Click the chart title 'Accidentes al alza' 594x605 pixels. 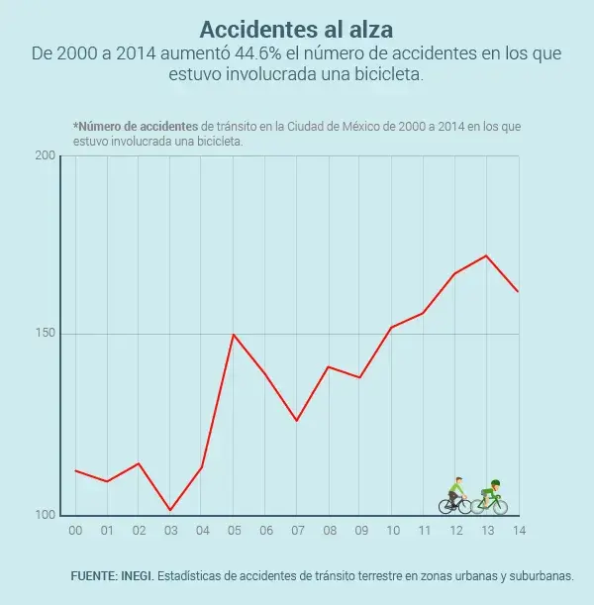pyautogui.click(x=296, y=28)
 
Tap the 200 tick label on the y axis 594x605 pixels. pyautogui.click(x=45, y=156)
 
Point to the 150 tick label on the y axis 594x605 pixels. pyautogui.click(x=45, y=334)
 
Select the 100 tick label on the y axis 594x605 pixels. pyautogui.click(x=45, y=514)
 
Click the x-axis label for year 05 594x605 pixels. pyautogui.click(x=234, y=531)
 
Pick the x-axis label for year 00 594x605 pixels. pyautogui.click(x=75, y=531)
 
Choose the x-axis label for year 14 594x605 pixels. pyautogui.click(x=518, y=531)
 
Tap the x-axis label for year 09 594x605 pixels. pyautogui.click(x=360, y=531)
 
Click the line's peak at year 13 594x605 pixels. pyautogui.click(x=486, y=255)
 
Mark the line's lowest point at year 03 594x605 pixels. pyautogui.click(x=170, y=510)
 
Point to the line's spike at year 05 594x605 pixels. pyautogui.click(x=233, y=335)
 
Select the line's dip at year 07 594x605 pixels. pyautogui.click(x=296, y=421)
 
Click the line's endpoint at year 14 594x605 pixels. pyautogui.click(x=518, y=291)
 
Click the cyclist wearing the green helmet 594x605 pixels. pyautogui.click(x=490, y=498)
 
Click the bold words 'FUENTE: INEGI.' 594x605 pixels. pyautogui.click(x=112, y=575)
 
